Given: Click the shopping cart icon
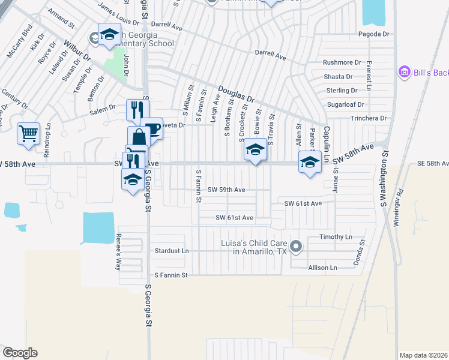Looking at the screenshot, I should pyautogui.click(x=28, y=134).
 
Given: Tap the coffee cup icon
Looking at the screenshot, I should pyautogui.click(x=152, y=128).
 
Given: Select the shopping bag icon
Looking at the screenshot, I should pyautogui.click(x=139, y=137).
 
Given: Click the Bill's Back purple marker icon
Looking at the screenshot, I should pyautogui.click(x=404, y=73).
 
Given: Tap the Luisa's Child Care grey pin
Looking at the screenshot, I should pyautogui.click(x=295, y=247).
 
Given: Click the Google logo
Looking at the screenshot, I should pyautogui.click(x=20, y=353).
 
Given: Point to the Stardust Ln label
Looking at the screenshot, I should pyautogui.click(x=172, y=250).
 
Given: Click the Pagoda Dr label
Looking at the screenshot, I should pyautogui.click(x=373, y=34).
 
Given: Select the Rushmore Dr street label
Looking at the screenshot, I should pyautogui.click(x=342, y=62).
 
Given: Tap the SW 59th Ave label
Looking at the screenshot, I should pyautogui.click(x=226, y=190).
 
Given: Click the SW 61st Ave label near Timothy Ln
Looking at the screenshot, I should pyautogui.click(x=304, y=203).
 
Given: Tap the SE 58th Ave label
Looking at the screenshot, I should pyautogui.click(x=432, y=163).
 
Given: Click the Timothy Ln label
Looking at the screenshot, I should pyautogui.click(x=336, y=238).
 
